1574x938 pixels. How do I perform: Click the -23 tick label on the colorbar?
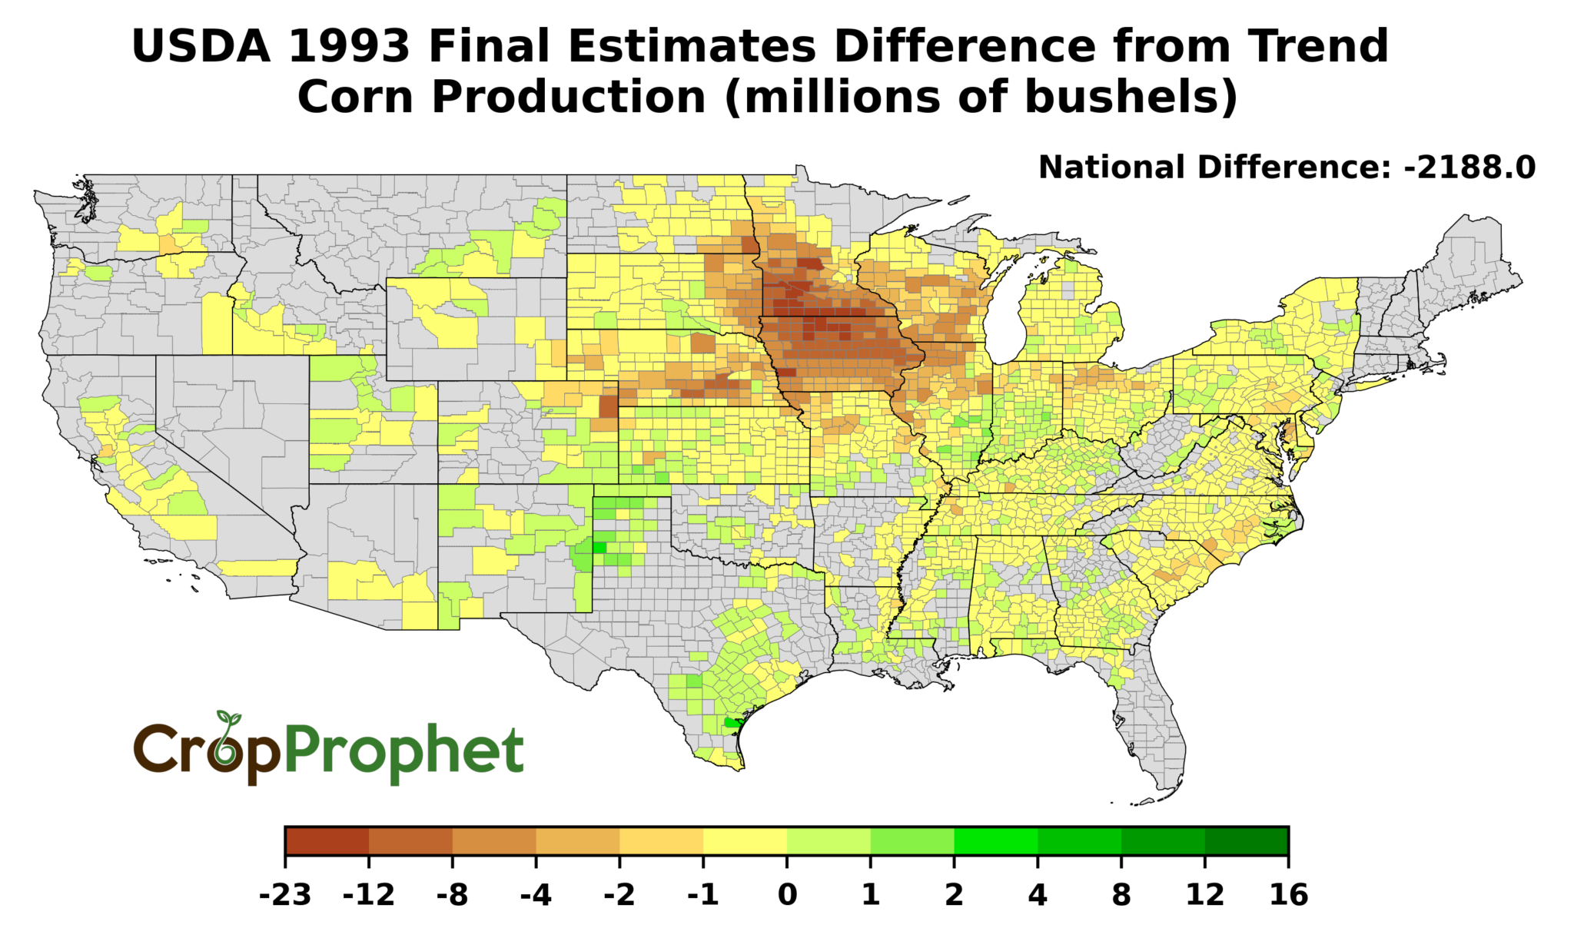(284, 896)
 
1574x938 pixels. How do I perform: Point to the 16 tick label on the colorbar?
(1289, 896)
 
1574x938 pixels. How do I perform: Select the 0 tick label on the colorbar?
(786, 896)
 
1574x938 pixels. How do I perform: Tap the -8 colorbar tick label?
(452, 896)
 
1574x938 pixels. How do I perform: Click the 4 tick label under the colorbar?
(1038, 896)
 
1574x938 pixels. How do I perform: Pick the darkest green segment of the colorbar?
(1247, 841)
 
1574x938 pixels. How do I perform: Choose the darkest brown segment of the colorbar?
(327, 841)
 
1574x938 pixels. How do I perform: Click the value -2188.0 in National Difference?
(1469, 167)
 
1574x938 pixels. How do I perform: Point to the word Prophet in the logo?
(404, 752)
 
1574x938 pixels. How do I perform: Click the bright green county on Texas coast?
(732, 723)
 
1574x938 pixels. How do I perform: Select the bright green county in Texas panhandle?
(599, 548)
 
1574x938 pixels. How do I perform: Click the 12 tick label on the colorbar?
(1204, 896)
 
